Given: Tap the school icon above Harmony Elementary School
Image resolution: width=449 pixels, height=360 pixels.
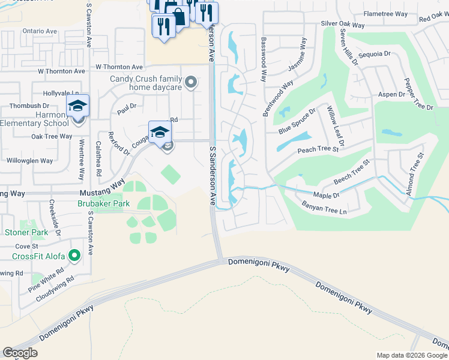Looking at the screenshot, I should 77,106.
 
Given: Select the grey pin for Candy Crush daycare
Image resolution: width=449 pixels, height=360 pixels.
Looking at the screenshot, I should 191,83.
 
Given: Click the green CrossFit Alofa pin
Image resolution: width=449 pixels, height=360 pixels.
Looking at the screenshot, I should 74,257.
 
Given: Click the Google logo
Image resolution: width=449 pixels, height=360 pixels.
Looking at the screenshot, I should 20,353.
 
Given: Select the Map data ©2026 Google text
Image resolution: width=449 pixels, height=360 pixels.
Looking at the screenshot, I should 411,355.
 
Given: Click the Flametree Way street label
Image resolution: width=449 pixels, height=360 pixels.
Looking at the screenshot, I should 385,14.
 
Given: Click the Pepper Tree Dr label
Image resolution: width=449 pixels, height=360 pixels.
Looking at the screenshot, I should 418,95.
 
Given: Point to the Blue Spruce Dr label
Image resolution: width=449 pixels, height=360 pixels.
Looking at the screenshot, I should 297,122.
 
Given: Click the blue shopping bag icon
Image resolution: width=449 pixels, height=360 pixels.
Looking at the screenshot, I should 178,14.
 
